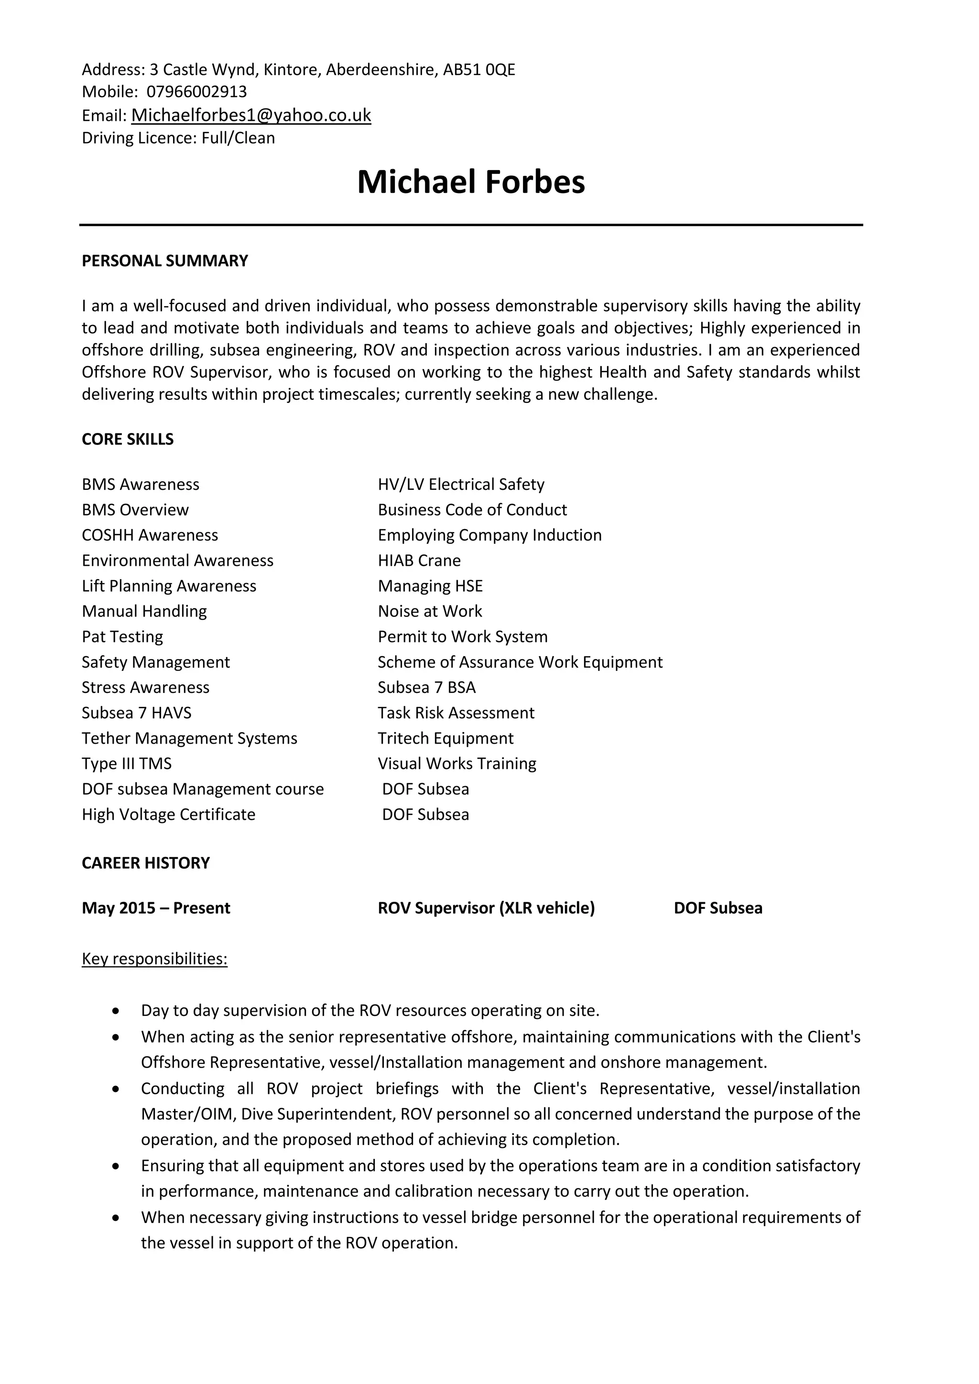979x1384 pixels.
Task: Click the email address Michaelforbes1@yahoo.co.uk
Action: click(251, 115)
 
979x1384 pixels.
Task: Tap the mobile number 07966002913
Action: click(196, 92)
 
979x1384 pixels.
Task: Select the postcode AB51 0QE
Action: click(479, 70)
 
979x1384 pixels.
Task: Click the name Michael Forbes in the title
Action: click(471, 182)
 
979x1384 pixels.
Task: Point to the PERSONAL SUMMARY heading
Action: click(164, 261)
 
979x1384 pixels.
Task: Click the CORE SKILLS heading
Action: click(128, 440)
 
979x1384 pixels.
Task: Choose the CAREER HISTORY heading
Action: click(146, 863)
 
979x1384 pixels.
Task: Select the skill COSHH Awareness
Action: click(150, 535)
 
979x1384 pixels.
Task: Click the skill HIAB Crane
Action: click(419, 561)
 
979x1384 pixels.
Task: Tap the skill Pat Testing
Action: click(122, 637)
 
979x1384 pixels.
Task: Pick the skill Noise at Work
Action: click(430, 611)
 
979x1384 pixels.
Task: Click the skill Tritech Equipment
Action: click(446, 738)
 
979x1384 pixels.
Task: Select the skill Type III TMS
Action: click(127, 764)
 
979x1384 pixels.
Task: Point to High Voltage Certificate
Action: click(169, 815)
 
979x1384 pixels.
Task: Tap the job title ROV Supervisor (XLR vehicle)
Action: click(486, 908)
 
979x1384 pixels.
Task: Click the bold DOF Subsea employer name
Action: click(718, 908)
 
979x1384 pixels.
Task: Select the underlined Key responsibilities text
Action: click(155, 959)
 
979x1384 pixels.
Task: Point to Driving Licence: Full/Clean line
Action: click(178, 138)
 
